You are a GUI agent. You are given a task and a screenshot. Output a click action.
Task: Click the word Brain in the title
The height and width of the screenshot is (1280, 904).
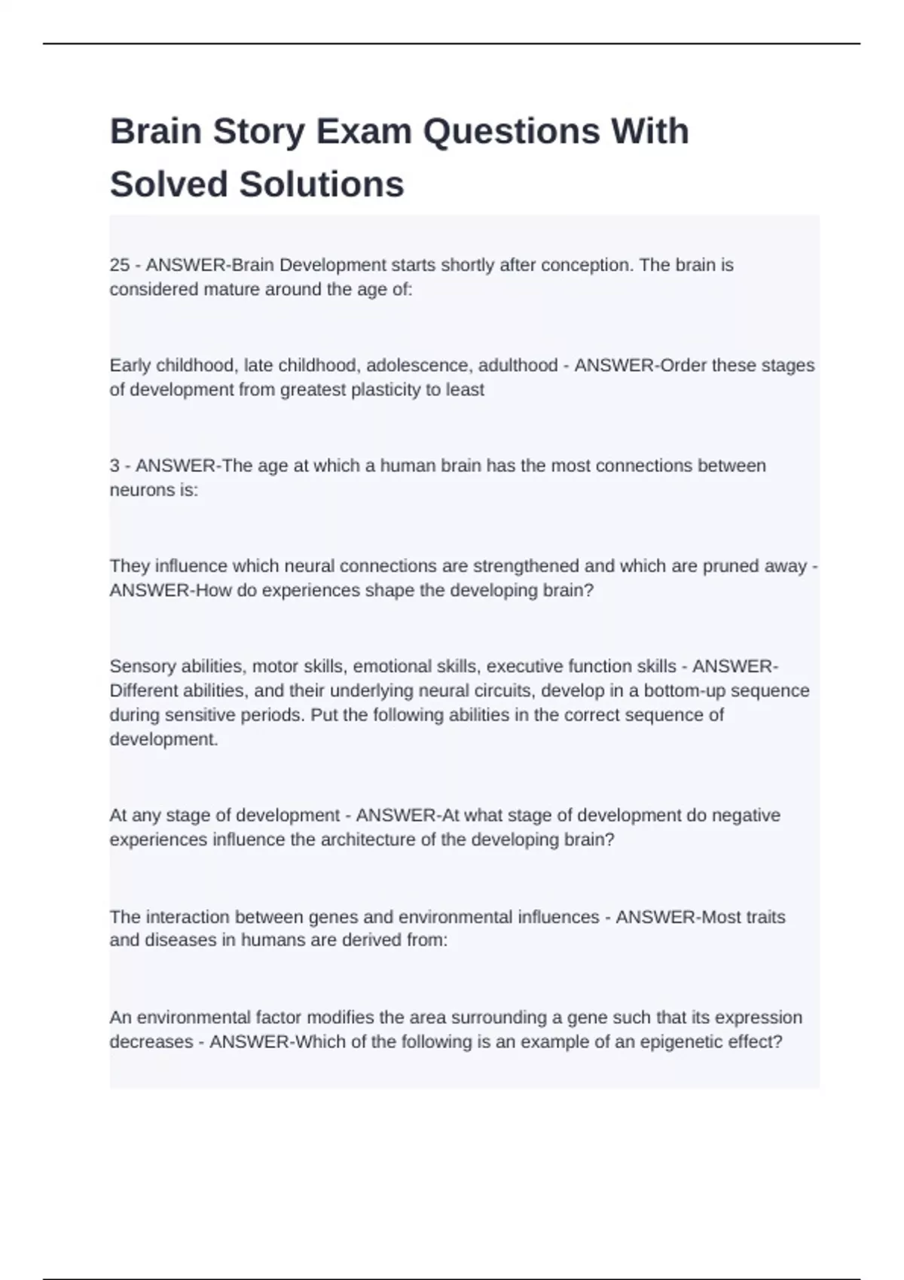coord(155,132)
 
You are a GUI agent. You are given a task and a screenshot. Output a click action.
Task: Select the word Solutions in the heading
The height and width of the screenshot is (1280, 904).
coord(322,184)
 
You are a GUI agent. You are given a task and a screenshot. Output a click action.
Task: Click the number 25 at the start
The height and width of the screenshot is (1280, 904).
coord(120,265)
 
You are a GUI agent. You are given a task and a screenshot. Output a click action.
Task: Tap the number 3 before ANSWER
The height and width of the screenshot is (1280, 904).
coord(115,466)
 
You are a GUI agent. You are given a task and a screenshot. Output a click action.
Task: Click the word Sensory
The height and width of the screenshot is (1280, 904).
coord(140,666)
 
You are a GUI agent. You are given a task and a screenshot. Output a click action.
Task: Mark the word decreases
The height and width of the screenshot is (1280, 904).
coord(151,1042)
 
